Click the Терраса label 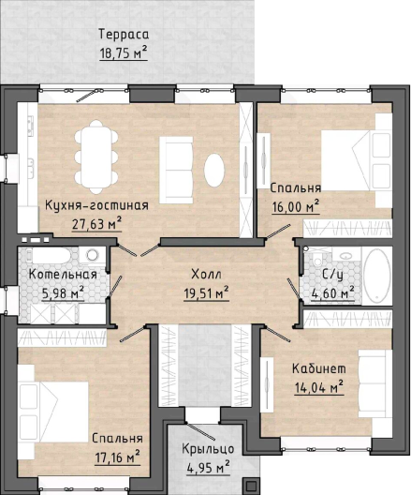click(124, 35)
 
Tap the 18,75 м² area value click(124, 52)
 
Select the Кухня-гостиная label click(96, 206)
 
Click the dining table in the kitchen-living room click(96, 157)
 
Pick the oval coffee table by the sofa click(214, 171)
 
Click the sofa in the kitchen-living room click(176, 170)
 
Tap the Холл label click(207, 275)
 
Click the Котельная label click(63, 275)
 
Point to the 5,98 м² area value click(63, 293)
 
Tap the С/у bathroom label click(332, 276)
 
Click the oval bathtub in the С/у click(376, 276)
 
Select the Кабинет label click(319, 368)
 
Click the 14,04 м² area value click(319, 387)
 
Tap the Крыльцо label click(208, 449)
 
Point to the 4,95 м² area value click(208, 468)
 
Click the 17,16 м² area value click(117, 457)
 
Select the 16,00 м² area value click(296, 207)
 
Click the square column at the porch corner click(251, 487)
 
